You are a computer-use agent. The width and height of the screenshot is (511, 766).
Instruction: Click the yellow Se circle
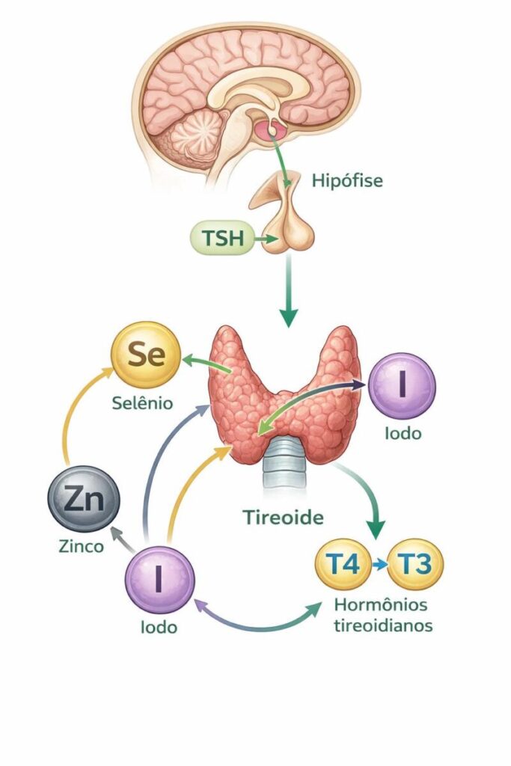pos(147,355)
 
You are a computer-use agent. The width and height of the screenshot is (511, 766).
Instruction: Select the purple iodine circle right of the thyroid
pos(403,385)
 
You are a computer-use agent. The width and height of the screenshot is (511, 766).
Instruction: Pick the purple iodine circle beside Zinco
pos(159,580)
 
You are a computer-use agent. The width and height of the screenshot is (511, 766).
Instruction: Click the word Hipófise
pos(346,180)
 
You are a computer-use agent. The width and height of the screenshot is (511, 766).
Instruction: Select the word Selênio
pos(141,403)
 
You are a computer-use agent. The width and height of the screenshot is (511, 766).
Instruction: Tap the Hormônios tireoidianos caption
pos(382,615)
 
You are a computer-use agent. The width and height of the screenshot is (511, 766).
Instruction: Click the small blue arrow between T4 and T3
pos(381,564)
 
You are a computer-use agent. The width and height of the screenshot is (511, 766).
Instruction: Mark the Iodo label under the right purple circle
pos(403,433)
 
